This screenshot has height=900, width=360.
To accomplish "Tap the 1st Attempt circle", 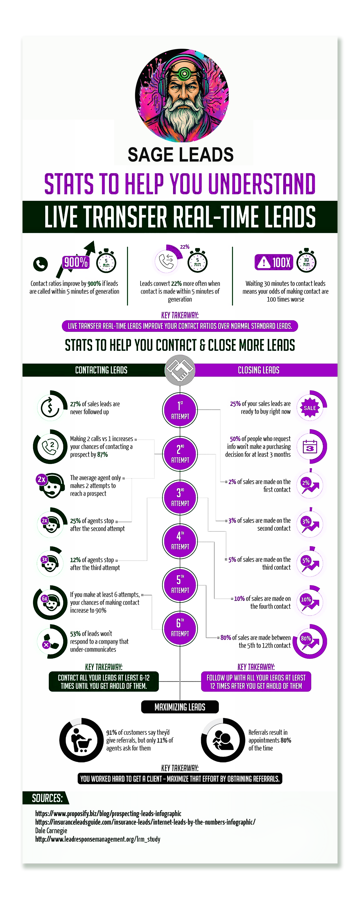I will coord(180,410).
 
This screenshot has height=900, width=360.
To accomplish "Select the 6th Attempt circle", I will coord(180,628).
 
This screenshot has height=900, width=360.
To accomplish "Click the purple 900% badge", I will coord(76,262).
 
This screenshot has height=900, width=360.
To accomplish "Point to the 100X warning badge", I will coord(274,262).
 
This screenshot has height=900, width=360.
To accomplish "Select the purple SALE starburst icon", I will coord(310,408).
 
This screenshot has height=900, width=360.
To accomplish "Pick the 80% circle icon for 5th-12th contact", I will coord(310,641).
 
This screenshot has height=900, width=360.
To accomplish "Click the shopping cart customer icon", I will coord(81,740).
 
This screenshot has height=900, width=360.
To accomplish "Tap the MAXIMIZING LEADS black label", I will coord(180,707).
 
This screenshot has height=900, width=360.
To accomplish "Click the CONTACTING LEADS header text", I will coord(101,370).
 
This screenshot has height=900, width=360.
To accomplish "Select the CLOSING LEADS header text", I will coord(259,370).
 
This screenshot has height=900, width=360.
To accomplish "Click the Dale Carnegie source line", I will coord(51,830).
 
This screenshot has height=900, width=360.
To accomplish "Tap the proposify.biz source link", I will coord(108,813).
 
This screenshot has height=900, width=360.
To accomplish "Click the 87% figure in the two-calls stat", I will coord(102,455).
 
